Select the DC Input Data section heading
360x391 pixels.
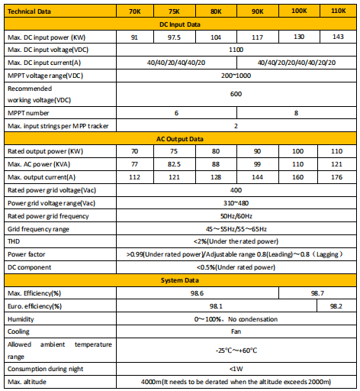coord(181,24)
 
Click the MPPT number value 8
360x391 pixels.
coord(297,112)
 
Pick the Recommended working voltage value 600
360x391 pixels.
coord(236,93)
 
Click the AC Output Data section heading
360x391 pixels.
coord(181,139)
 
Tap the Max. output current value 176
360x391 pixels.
coord(336,176)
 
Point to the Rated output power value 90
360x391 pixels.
coord(257,151)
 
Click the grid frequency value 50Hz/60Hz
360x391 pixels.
coord(236,215)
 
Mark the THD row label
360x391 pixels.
coord(14,240)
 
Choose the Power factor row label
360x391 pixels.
coord(26,253)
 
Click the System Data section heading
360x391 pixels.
coord(181,280)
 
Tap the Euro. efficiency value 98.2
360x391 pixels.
coord(336,305)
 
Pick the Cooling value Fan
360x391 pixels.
coord(236,331)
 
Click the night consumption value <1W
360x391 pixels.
coord(236,368)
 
